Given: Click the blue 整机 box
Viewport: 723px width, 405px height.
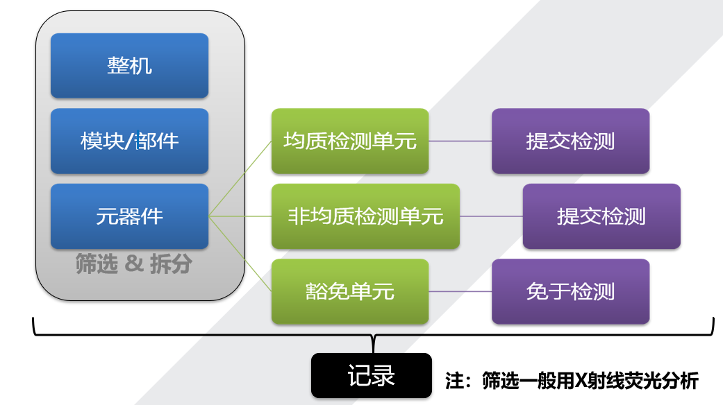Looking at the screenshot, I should [x=129, y=65].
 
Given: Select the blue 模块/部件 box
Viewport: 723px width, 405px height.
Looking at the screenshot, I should [x=129, y=141].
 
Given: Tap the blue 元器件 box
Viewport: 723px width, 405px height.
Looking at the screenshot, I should [x=129, y=216].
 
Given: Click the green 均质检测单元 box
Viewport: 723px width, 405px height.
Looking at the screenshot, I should [x=350, y=141].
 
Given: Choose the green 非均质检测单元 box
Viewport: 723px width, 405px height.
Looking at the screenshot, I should [x=365, y=216].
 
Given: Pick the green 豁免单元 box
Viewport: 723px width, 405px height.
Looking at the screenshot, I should [x=350, y=291].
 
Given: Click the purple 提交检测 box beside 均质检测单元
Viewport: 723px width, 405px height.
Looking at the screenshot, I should [x=570, y=141].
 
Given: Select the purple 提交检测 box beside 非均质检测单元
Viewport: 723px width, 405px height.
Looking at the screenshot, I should [x=601, y=216].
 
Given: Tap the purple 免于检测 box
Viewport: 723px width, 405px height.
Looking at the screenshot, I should [x=570, y=291].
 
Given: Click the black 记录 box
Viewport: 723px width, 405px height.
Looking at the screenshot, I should [x=371, y=376].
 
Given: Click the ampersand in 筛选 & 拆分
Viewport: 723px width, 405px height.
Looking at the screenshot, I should [x=135, y=264].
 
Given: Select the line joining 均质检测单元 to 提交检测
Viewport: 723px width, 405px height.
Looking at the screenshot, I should [x=460, y=141].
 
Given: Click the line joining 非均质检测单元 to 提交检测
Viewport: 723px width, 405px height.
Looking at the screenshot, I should [x=491, y=216].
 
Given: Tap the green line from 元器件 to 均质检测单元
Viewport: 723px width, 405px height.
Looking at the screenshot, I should [x=241, y=178].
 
